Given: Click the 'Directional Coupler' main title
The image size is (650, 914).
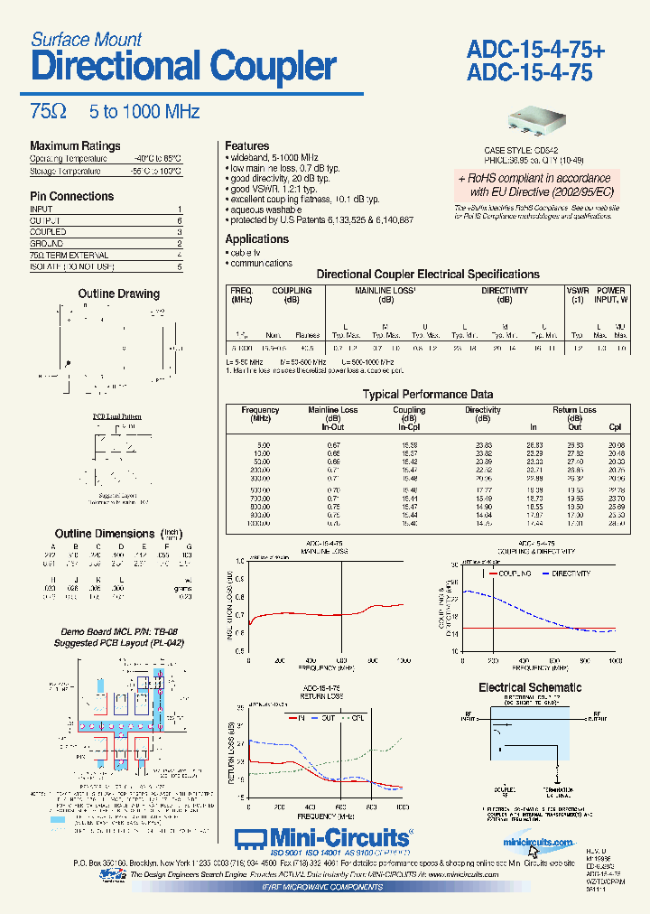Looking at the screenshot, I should click(x=183, y=67).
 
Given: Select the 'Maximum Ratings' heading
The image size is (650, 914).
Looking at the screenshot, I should click(x=75, y=146).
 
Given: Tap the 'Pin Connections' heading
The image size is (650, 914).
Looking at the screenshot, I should click(x=72, y=196).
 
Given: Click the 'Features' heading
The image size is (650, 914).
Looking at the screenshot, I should click(x=247, y=145).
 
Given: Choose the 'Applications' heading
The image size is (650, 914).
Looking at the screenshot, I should click(x=257, y=239).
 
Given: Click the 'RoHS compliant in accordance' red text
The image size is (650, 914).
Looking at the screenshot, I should click(x=534, y=179).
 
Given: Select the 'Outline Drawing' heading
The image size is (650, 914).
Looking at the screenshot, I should click(x=118, y=294).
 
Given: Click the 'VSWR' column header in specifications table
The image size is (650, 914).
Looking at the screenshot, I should click(x=576, y=291).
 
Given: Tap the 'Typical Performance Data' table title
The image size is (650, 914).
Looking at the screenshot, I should click(x=428, y=394).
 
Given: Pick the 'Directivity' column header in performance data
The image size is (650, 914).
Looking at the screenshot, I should click(x=483, y=410).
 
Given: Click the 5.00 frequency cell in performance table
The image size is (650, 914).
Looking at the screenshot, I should click(x=263, y=445).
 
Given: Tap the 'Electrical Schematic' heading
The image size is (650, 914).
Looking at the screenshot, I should click(x=530, y=687).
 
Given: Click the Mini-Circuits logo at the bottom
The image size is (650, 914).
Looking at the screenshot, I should click(x=322, y=836).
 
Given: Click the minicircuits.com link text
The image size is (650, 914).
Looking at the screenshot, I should click(x=539, y=843).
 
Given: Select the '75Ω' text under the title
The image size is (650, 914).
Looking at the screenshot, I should click(x=48, y=112).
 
